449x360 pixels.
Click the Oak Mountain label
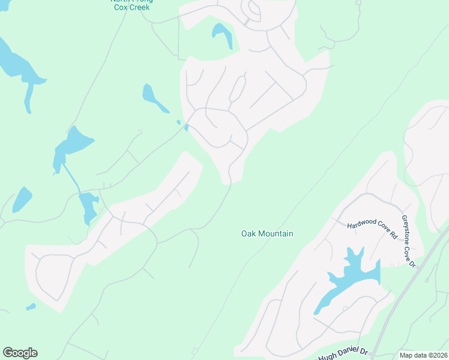pos(267,233)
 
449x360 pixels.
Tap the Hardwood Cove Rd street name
pos(373,228)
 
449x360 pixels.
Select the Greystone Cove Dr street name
pos(409,241)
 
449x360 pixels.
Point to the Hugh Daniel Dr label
pos(342,355)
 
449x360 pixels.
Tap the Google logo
pos(20,353)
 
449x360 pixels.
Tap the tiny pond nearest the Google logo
pos(31,307)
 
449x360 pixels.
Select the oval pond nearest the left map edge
pos(22,199)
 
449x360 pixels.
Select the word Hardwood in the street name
pos(360,224)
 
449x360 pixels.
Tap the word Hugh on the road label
pos(328,357)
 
